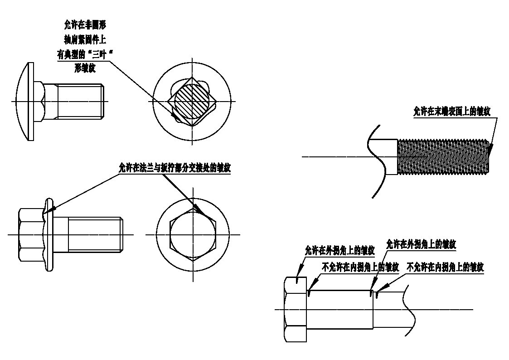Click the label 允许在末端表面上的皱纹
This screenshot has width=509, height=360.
(x=451, y=112)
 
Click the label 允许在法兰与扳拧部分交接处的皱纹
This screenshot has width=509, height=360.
(x=175, y=168)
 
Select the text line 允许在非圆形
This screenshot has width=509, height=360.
(x=85, y=24)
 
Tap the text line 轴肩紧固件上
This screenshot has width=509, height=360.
(x=85, y=40)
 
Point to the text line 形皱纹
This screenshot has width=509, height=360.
(x=85, y=68)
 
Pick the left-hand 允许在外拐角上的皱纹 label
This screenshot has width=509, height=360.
(x=340, y=250)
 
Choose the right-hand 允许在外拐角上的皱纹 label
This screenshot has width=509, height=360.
(x=421, y=244)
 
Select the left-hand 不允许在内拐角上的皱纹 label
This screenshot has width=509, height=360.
(x=360, y=267)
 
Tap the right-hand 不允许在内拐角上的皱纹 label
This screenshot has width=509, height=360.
(x=446, y=267)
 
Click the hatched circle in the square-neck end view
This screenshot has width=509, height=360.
(x=192, y=101)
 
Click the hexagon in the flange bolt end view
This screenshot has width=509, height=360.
(x=193, y=234)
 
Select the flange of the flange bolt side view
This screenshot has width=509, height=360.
(x=48, y=234)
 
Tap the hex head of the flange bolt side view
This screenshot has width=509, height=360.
(x=31, y=234)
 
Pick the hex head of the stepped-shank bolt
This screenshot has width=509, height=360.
(x=296, y=309)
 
